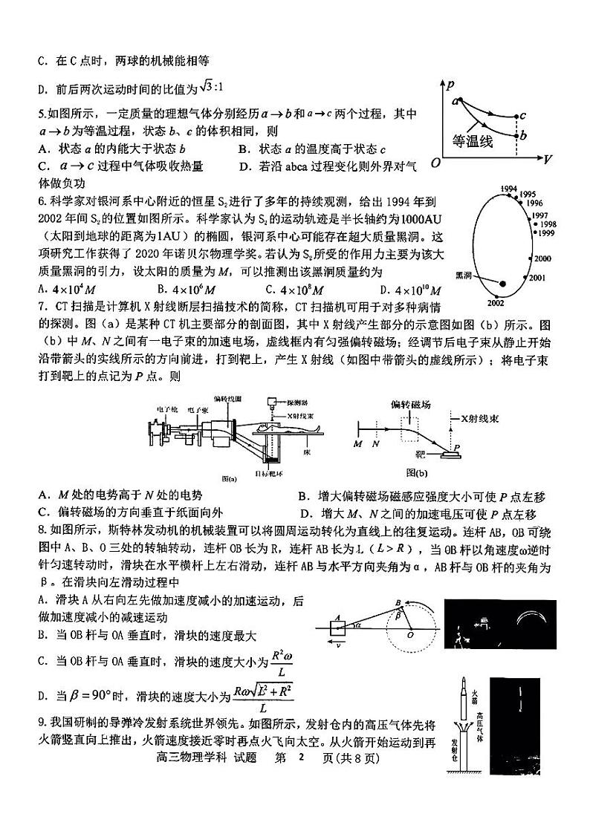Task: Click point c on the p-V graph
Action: click(523, 116)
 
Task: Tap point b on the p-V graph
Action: click(524, 135)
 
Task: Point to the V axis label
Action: click(547, 160)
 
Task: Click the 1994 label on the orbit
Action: click(509, 189)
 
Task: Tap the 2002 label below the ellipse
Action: click(496, 302)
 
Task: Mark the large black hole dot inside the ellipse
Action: click(502, 284)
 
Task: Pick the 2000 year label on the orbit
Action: click(542, 258)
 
